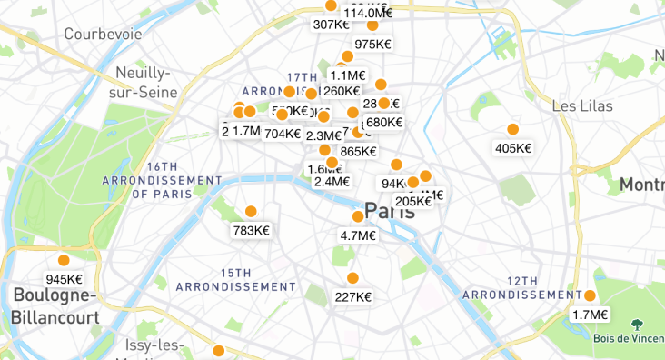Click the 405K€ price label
[x=513, y=148]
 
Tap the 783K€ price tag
[x=251, y=230]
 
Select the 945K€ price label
[x=64, y=279]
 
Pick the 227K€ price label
[x=352, y=296]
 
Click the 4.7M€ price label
[x=358, y=235]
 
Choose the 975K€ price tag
[x=372, y=44]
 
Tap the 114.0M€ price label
[x=368, y=13]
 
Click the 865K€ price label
[x=358, y=152]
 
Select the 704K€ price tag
[x=282, y=134]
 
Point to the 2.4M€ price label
[x=332, y=181]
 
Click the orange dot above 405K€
[x=513, y=129]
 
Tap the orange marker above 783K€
[x=251, y=212]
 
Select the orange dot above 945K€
[x=64, y=260]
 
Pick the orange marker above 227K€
[x=352, y=278]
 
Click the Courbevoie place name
[x=103, y=34]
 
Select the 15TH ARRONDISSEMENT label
[x=225, y=279]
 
